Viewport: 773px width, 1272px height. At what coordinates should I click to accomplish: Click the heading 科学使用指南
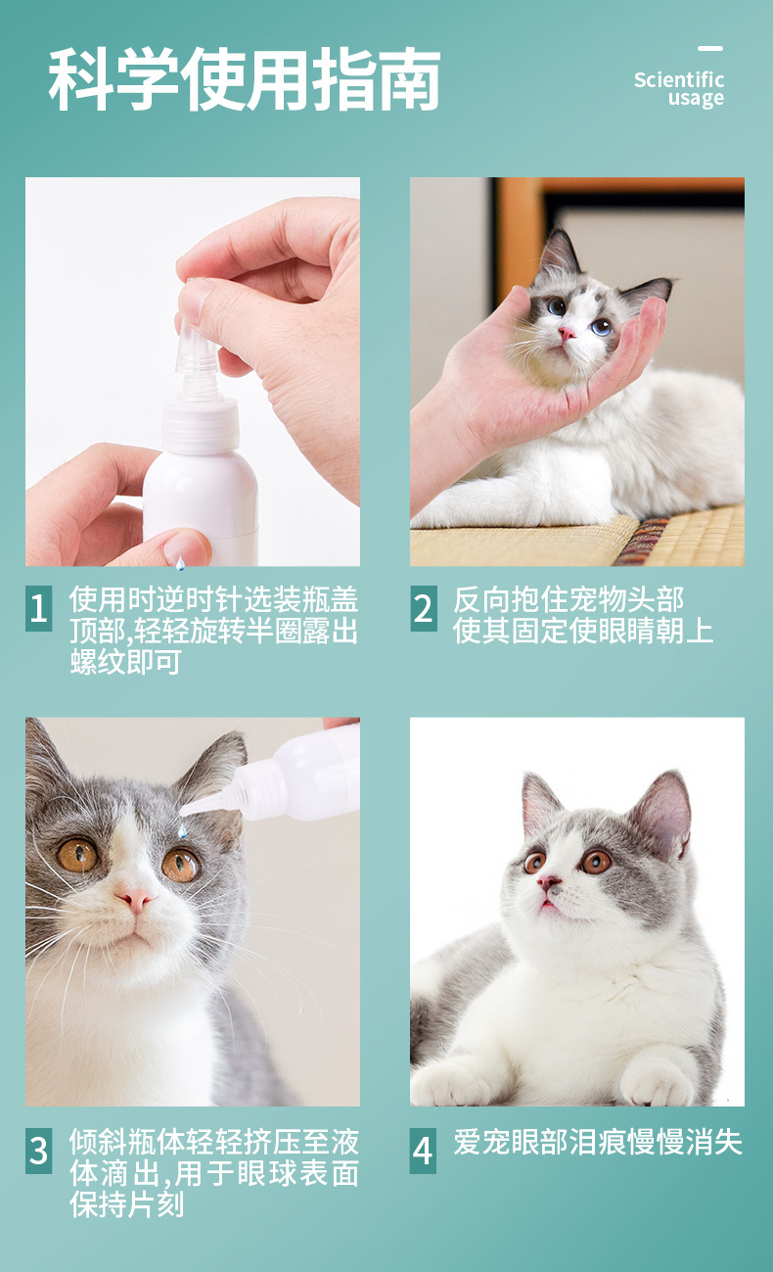click(x=245, y=78)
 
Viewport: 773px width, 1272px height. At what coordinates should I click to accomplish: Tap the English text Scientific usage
click(x=679, y=88)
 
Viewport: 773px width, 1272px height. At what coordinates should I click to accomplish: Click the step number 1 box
click(x=38, y=608)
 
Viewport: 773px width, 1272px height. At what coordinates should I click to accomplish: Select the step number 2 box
click(x=424, y=608)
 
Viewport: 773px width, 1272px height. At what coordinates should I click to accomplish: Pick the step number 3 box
click(x=38, y=1151)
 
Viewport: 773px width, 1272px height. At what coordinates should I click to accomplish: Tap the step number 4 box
click(x=424, y=1151)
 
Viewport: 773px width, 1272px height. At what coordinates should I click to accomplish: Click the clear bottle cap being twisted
click(x=197, y=348)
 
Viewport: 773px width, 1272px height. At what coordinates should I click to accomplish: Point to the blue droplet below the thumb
click(x=180, y=563)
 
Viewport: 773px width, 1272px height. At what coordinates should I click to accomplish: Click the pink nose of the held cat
click(x=567, y=333)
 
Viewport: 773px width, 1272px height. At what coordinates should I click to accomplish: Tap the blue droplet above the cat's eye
click(x=182, y=832)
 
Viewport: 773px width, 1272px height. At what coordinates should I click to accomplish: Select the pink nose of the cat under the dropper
click(x=135, y=900)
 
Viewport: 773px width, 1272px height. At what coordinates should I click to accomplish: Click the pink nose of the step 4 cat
click(x=548, y=882)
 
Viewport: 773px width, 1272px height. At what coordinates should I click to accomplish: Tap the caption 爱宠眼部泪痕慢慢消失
click(x=598, y=1142)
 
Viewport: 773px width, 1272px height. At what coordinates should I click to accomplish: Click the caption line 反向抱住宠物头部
click(x=568, y=599)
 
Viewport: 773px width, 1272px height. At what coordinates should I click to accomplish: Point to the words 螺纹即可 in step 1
click(x=126, y=662)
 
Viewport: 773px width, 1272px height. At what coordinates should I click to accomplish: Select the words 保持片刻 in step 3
click(x=126, y=1204)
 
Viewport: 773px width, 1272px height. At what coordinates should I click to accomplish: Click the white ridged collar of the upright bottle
click(x=200, y=424)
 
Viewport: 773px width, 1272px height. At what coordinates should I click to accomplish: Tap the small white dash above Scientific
click(x=710, y=48)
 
